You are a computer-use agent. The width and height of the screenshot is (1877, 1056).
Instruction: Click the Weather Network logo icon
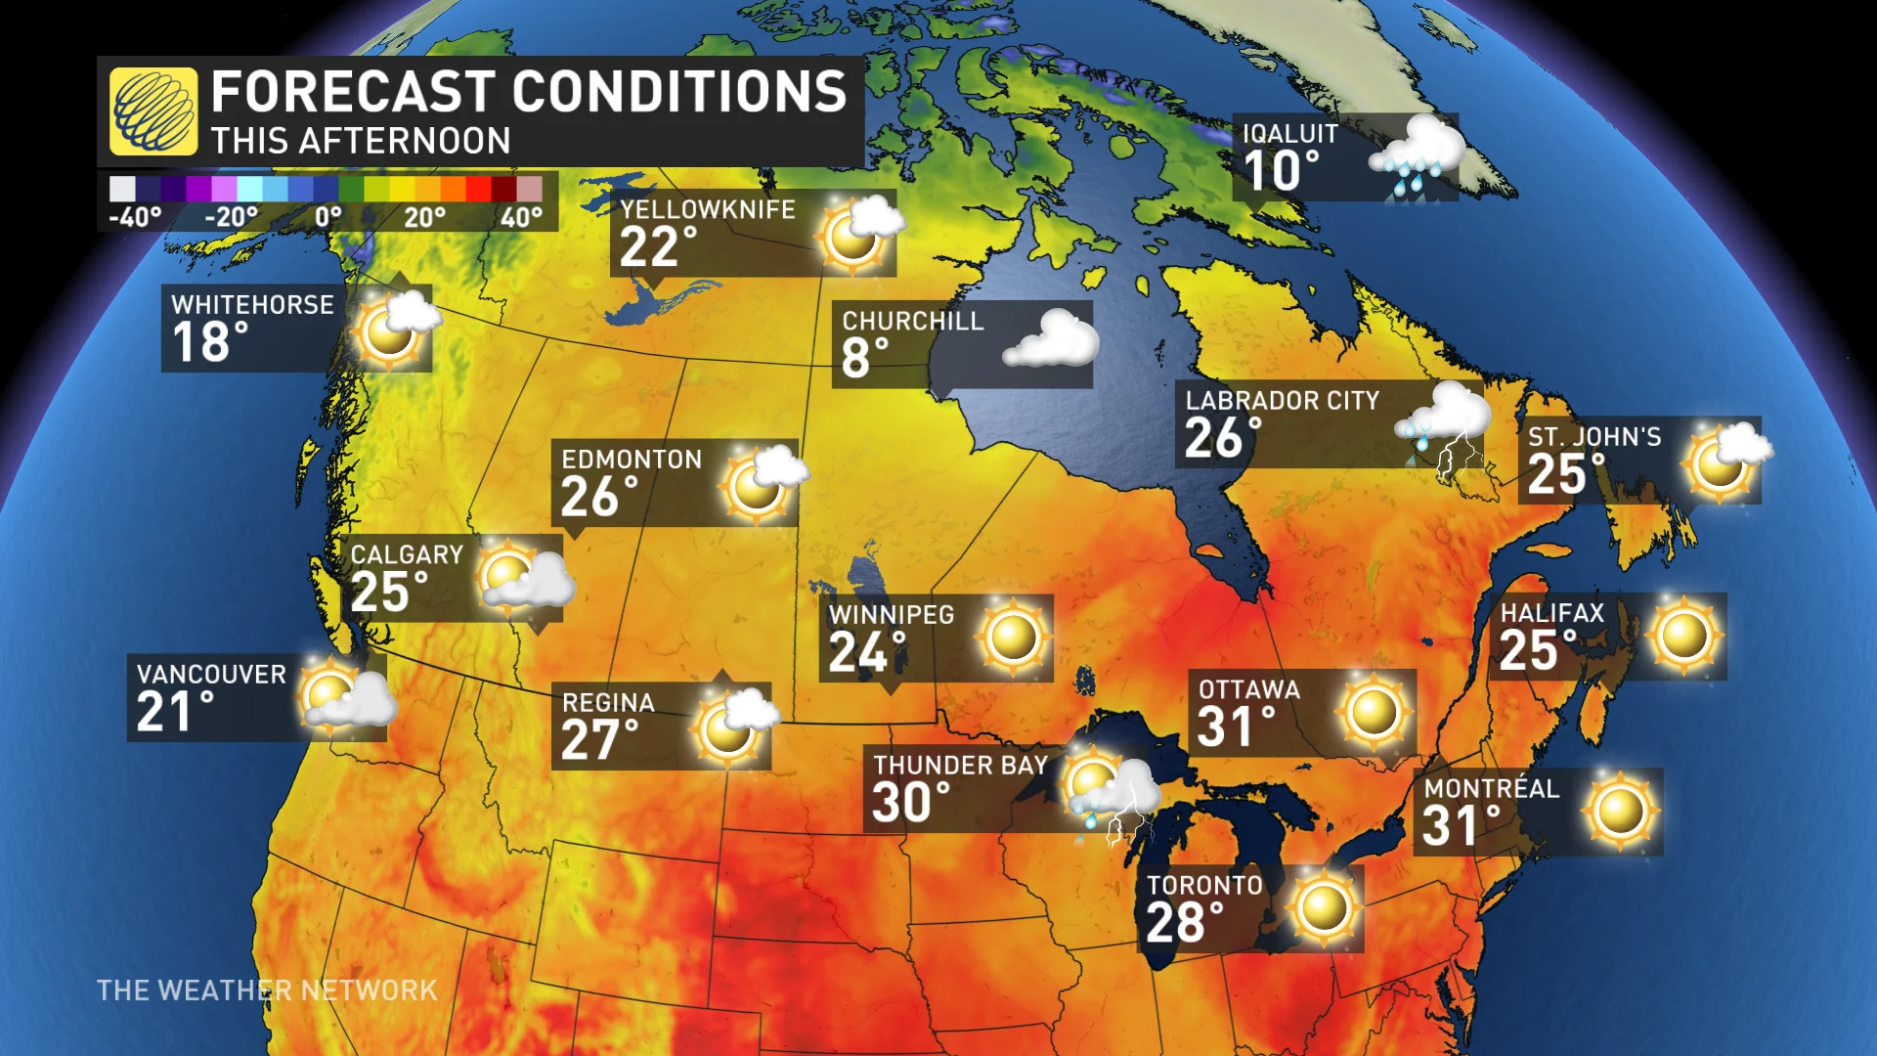(153, 111)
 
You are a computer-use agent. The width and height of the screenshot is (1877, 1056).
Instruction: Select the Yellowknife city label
(708, 209)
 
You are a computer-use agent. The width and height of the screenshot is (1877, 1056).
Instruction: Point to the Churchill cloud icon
(1051, 339)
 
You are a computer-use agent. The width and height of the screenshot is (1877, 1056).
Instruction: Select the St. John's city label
(1594, 437)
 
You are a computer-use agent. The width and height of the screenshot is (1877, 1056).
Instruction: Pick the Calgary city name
(407, 555)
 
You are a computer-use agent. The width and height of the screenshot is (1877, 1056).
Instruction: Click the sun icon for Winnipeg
(1013, 638)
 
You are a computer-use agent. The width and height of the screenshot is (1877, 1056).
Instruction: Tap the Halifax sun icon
(1683, 636)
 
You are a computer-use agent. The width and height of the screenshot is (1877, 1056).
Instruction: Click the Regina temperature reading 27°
(599, 740)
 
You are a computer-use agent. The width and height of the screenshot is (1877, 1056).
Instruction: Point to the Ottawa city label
(1249, 690)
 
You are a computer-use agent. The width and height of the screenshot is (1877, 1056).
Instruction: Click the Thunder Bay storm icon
(1113, 792)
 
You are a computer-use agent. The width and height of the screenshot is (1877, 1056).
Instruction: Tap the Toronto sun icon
(1324, 907)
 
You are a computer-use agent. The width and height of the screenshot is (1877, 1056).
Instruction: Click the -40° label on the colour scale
(135, 217)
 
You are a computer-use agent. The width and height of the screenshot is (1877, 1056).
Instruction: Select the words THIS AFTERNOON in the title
(361, 141)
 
